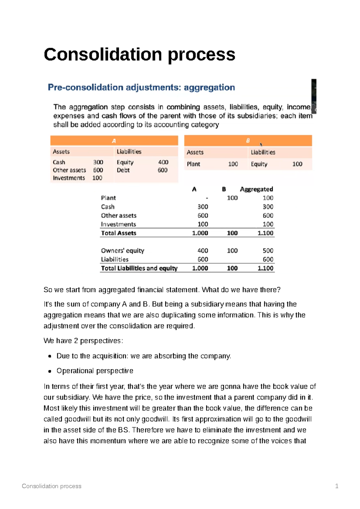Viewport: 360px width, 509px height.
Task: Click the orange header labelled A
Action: coord(114,141)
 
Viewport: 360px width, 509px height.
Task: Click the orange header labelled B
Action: coord(248,141)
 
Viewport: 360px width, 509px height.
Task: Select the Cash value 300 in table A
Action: coord(98,162)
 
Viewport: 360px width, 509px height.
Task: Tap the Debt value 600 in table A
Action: coord(163,170)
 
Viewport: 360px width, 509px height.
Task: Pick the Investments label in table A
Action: coord(69,178)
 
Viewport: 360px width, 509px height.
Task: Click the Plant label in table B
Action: coord(193,164)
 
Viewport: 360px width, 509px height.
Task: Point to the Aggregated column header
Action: coord(256,189)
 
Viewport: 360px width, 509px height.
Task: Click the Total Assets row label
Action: coord(118,233)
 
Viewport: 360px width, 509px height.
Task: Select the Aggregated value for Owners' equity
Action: coord(268,251)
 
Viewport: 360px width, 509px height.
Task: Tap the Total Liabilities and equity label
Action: coord(139,268)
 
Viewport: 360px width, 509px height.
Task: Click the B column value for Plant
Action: coord(232,198)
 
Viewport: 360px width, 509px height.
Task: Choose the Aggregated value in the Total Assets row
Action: coord(265,233)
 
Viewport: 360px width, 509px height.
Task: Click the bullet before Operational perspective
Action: coord(50,371)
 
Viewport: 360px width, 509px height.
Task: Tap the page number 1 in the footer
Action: coord(337,486)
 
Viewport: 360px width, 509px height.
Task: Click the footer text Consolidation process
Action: coord(52,486)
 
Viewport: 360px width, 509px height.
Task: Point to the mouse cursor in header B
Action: coord(261,144)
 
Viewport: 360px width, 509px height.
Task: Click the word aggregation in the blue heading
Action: coord(209,88)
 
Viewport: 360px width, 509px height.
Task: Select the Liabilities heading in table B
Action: coord(263,152)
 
